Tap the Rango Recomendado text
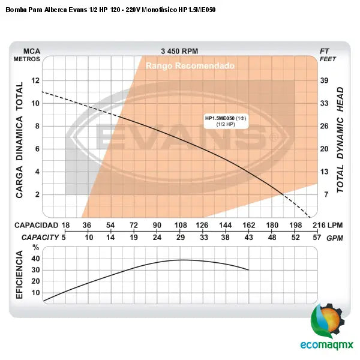click(190, 66)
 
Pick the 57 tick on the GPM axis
click(317, 238)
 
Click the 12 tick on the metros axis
click(35, 80)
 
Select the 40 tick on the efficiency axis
click(35, 259)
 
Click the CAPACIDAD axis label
click(35, 225)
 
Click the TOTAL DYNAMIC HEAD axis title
click(340, 139)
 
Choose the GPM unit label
click(335, 238)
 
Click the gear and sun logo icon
click(328, 321)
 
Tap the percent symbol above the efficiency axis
click(35, 247)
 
